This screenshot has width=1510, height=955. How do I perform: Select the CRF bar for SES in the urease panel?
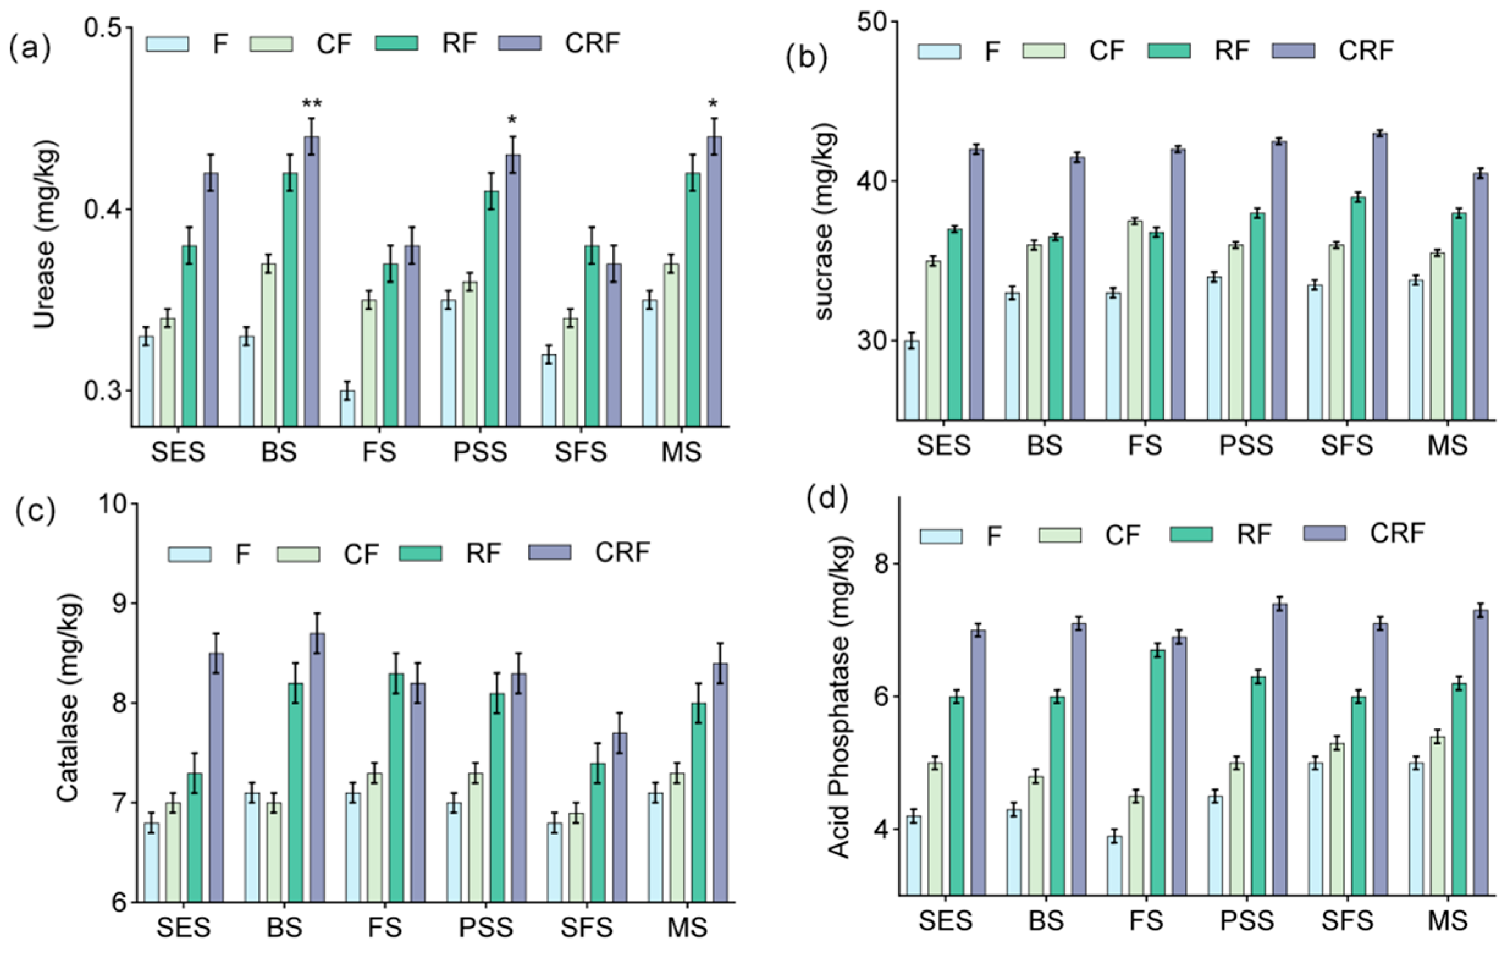click(211, 300)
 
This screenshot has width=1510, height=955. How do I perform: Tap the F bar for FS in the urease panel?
click(347, 409)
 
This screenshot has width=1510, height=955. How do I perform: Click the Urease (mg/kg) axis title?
click(45, 235)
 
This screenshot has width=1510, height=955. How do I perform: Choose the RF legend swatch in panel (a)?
click(396, 43)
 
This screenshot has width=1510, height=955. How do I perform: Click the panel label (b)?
click(806, 57)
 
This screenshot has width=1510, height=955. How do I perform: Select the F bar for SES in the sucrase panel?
click(911, 380)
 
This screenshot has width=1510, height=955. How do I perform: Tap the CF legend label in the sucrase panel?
click(1107, 51)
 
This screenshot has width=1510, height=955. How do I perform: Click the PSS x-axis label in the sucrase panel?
click(1246, 445)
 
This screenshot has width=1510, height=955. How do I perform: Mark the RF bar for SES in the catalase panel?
click(195, 838)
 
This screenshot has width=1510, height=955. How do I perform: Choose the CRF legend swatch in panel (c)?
click(550, 552)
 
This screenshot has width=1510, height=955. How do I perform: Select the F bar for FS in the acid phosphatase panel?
click(1114, 866)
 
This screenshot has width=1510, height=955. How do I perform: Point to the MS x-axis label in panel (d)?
click(1447, 921)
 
